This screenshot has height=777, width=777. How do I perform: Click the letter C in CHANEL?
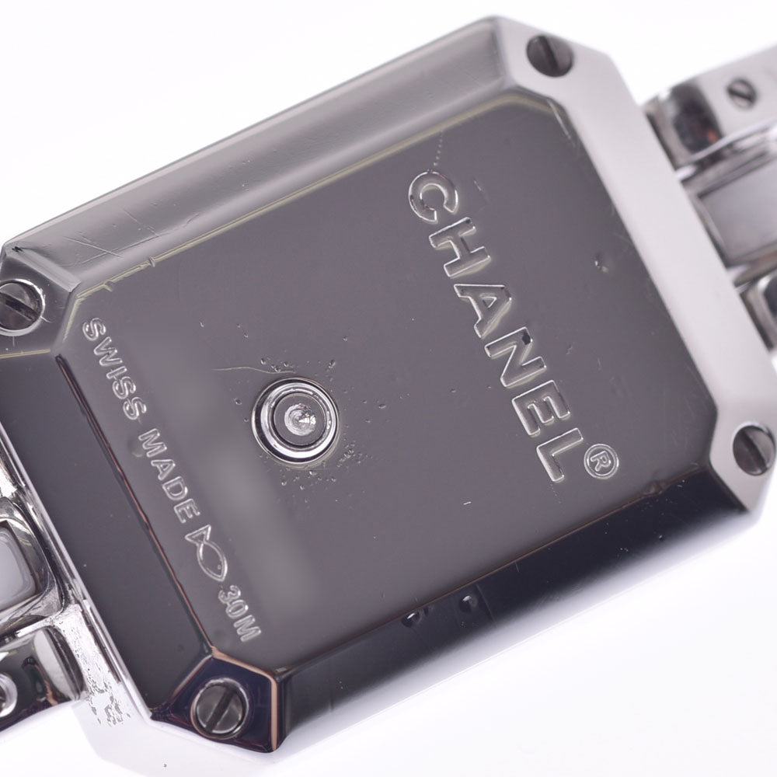coord(430,197)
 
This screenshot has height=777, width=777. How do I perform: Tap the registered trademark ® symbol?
coord(601,462)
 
